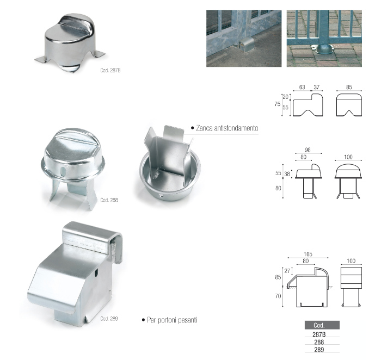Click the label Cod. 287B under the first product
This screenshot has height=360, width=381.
point(110,70)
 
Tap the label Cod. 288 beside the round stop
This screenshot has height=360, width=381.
point(109,200)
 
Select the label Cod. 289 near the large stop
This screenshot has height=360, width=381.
point(109,319)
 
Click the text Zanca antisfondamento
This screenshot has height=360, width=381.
point(227,128)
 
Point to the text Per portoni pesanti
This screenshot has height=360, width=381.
point(172,320)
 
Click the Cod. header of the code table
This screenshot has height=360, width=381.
point(319,325)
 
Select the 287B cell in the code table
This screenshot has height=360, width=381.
point(319,334)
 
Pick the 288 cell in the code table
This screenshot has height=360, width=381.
point(319,342)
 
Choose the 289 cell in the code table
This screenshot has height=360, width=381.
point(319,350)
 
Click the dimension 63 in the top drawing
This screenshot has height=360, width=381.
point(302,87)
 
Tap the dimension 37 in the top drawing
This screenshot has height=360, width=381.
point(316,87)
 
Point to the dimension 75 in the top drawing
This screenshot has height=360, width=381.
point(277,104)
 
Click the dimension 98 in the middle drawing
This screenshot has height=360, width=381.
point(308,150)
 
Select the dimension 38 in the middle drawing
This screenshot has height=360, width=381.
point(287,174)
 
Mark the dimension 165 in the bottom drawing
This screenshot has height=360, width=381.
point(308,254)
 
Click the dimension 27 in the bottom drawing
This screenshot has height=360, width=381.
point(287,271)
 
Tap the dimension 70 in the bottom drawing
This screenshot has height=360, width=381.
point(278,296)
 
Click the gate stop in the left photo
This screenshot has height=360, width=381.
point(247,45)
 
